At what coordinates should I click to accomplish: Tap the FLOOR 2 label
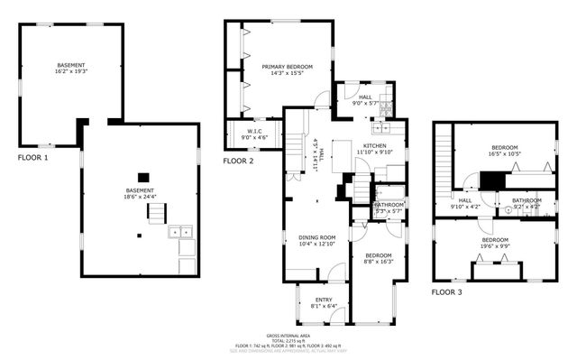tap(238, 161)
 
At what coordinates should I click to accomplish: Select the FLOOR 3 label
tap(445, 292)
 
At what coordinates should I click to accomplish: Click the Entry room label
tap(323, 300)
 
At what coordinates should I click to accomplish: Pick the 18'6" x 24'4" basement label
tap(139, 192)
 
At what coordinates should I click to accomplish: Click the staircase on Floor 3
tap(442, 154)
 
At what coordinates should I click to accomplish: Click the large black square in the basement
tap(142, 178)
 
